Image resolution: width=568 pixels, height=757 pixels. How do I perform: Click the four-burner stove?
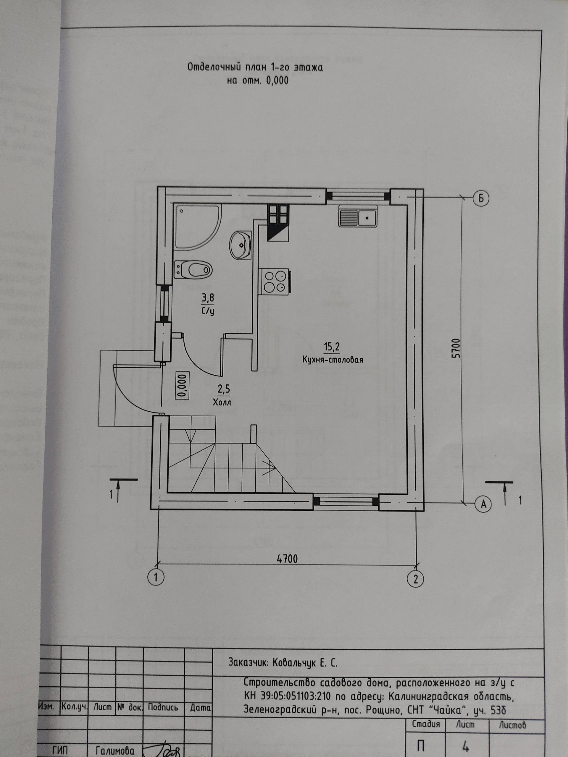(275, 281)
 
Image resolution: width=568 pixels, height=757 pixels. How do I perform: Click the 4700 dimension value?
(287, 559)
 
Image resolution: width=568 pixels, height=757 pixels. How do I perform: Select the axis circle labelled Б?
(481, 198)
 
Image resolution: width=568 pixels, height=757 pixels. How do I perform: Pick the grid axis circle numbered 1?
(156, 578)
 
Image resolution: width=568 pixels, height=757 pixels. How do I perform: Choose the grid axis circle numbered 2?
(416, 579)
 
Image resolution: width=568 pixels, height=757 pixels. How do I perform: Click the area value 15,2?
(332, 347)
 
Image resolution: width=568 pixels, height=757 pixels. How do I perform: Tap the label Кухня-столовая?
(333, 360)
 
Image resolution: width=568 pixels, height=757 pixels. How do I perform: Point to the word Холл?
(222, 402)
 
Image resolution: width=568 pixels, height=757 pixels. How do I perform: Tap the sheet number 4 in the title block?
(465, 745)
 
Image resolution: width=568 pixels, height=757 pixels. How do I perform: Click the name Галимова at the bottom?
(115, 750)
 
